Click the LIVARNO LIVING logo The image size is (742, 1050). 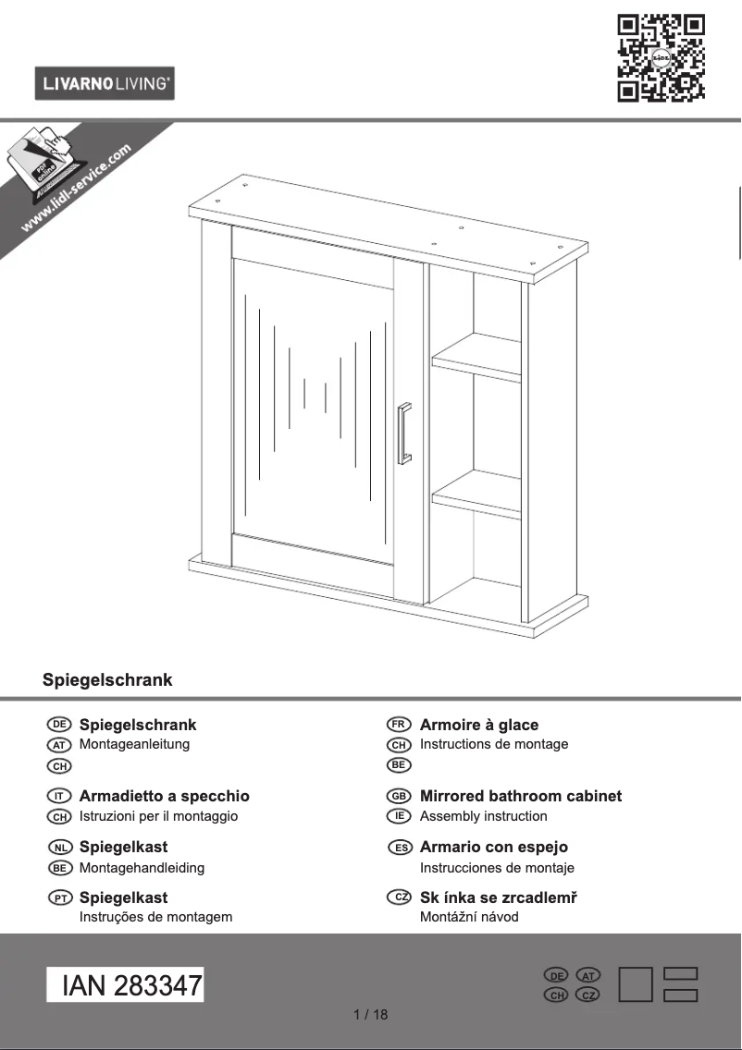pyautogui.click(x=105, y=84)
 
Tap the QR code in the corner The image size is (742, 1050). pyautogui.click(x=661, y=57)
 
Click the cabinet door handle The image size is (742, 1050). pyautogui.click(x=404, y=433)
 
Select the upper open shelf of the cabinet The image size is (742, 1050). pyautogui.click(x=477, y=355)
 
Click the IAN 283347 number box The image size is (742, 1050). pyautogui.click(x=125, y=985)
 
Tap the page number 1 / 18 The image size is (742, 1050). pyautogui.click(x=371, y=1015)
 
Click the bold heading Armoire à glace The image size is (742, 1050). pyautogui.click(x=478, y=726)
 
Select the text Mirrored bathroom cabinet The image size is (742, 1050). pyautogui.click(x=520, y=796)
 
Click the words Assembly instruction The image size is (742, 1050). pyautogui.click(x=483, y=816)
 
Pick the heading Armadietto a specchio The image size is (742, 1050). pyautogui.click(x=164, y=796)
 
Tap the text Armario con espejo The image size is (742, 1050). pyautogui.click(x=493, y=847)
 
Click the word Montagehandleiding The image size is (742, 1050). pyautogui.click(x=142, y=868)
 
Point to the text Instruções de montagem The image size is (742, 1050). pyautogui.click(x=155, y=917)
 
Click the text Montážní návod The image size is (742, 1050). pyautogui.click(x=468, y=917)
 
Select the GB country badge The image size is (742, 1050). pyautogui.click(x=399, y=796)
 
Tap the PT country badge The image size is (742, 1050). pyautogui.click(x=59, y=897)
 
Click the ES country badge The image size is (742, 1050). pyautogui.click(x=399, y=848)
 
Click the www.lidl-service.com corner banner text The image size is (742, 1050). pyautogui.click(x=76, y=189)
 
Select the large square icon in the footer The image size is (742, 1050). pyautogui.click(x=635, y=985)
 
